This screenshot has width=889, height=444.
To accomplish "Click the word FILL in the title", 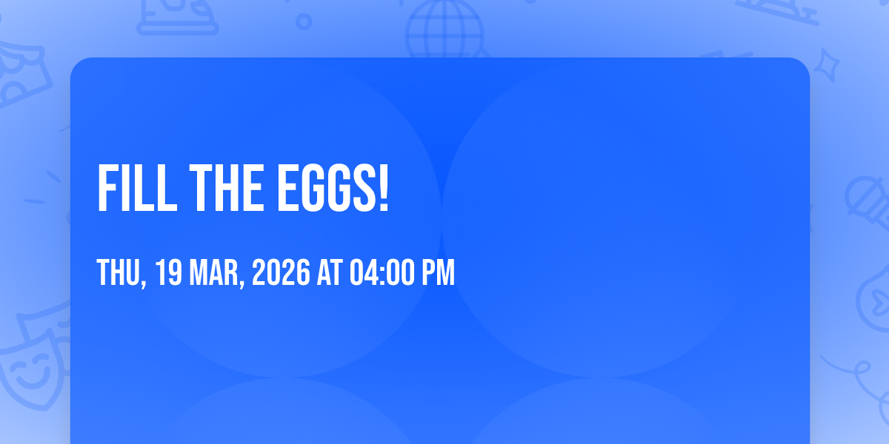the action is point(137,188).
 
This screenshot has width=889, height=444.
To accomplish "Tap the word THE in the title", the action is point(227,188).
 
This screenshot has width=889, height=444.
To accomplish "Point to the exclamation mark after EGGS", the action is point(384,188).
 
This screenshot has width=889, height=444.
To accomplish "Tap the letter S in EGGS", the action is point(364,188).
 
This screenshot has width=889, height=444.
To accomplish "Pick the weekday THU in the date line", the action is point(121,273).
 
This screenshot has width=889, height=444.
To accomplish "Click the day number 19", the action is point(168,272).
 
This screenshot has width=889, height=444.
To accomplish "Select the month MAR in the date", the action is point(216,273).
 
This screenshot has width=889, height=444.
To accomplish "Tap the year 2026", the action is point(281,272).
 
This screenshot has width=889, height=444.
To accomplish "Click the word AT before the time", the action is point(330,272).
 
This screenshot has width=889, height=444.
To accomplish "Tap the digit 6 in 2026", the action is point(303,272).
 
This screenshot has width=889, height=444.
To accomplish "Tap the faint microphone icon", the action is point(868,202).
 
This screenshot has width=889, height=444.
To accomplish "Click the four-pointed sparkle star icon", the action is point(826,65).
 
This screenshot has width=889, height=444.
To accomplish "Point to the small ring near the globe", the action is point(304,21).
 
